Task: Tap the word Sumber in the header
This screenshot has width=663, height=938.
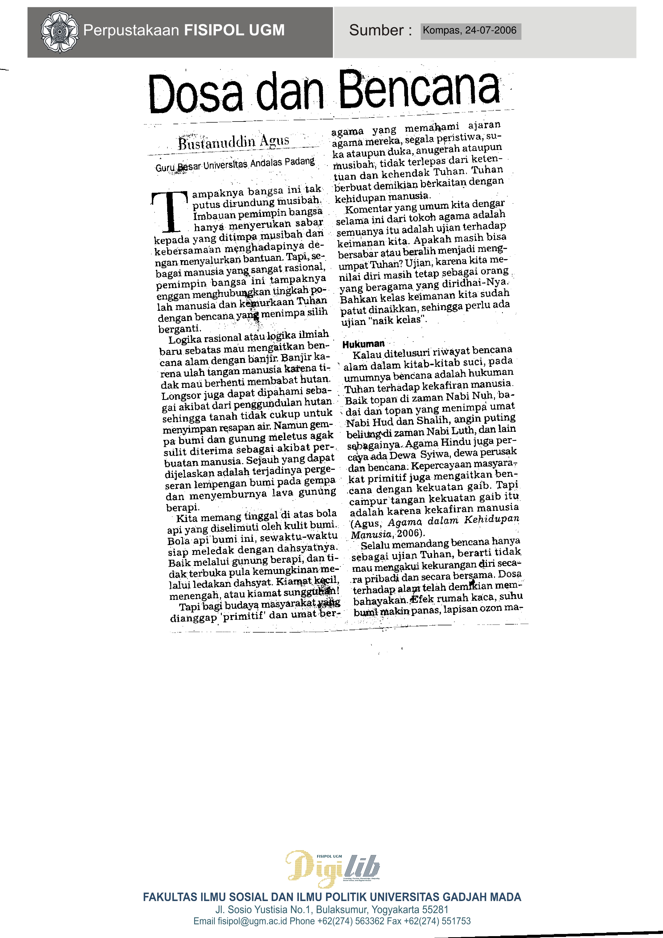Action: [x=376, y=30]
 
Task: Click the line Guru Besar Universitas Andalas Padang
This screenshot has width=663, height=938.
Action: [x=235, y=164]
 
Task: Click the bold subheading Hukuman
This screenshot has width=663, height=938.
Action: [x=364, y=344]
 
